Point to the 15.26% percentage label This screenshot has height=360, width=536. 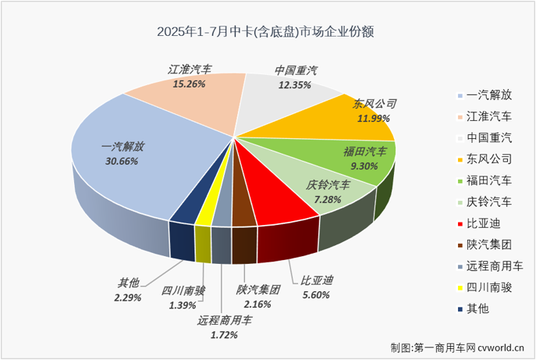[x=189, y=84]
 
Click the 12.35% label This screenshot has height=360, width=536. [x=296, y=84]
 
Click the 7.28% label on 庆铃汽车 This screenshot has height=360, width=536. [x=326, y=198]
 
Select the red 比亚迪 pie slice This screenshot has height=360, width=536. [x=273, y=187]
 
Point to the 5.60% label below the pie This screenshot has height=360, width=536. [x=315, y=295]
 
